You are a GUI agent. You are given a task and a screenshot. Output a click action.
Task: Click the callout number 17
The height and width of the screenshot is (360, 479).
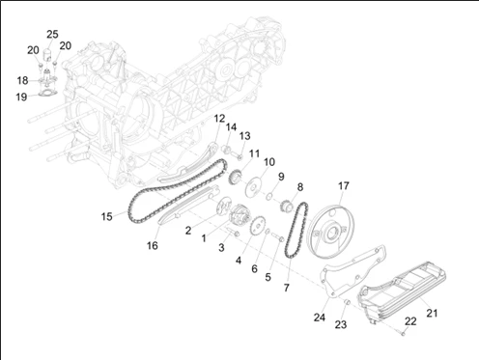pyautogui.click(x=344, y=185)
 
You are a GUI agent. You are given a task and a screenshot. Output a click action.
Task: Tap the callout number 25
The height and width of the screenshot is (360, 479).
pyautogui.click(x=52, y=34)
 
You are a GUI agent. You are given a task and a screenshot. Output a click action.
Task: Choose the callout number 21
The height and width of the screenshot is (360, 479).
pyautogui.click(x=432, y=313)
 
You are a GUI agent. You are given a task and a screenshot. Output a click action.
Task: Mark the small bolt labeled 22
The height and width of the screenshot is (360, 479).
pyautogui.click(x=403, y=334)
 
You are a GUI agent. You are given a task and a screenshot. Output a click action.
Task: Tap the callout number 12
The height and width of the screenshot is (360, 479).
pyautogui.click(x=219, y=119)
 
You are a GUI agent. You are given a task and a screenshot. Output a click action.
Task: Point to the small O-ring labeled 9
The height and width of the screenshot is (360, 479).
pyautogui.click(x=269, y=196)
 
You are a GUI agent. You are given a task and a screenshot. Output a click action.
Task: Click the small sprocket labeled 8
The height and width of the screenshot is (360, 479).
pyautogui.click(x=286, y=207)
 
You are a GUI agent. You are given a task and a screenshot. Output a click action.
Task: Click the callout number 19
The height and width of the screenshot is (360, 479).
pyautogui.click(x=21, y=97)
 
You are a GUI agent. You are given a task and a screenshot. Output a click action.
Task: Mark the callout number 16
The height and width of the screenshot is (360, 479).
pyautogui.click(x=153, y=245)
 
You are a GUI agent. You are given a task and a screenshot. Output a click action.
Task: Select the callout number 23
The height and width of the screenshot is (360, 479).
pyautogui.click(x=341, y=324)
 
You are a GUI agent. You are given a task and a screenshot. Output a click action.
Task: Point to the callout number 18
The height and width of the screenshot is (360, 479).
pyautogui.click(x=22, y=80)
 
